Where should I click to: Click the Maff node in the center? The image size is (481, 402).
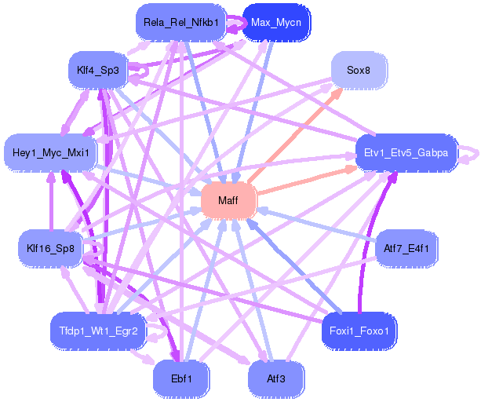[228, 201]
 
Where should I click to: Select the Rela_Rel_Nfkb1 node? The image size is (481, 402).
[180, 22]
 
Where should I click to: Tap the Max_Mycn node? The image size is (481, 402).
[276, 22]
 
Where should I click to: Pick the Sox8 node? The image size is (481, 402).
[358, 70]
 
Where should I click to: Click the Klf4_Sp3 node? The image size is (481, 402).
[97, 71]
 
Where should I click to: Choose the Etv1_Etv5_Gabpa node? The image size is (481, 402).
[406, 152]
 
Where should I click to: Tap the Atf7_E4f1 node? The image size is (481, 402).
[406, 249]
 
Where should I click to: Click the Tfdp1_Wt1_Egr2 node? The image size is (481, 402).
[98, 331]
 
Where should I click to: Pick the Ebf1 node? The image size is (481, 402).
[181, 378]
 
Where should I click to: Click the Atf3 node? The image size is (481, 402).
[275, 378]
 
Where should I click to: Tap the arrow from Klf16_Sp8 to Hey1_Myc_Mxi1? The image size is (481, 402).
[51, 201]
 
